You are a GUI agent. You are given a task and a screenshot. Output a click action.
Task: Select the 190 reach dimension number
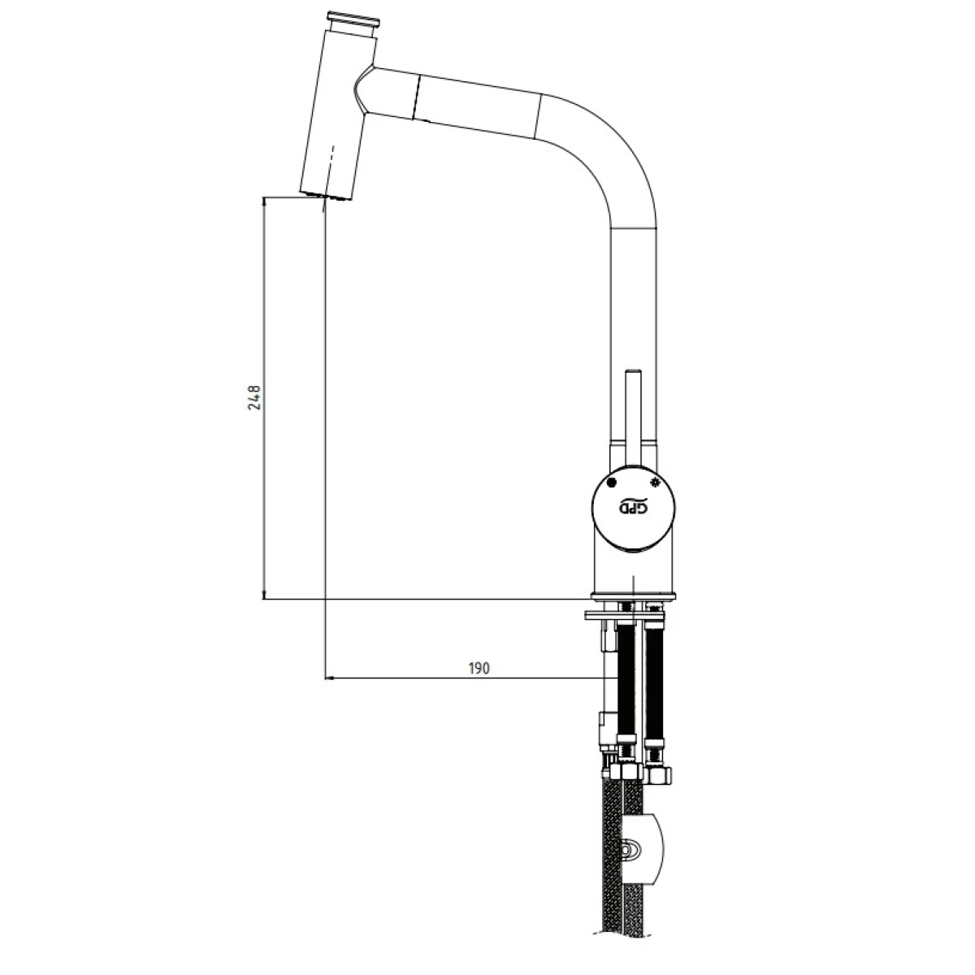click(479, 669)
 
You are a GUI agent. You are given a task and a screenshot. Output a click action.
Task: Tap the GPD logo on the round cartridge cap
click(634, 508)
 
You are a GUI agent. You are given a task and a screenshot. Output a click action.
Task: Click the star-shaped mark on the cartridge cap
click(655, 481)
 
